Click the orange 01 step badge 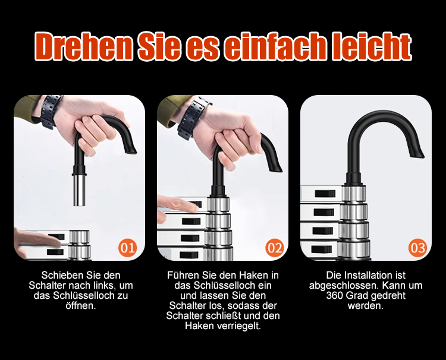pyautogui.click(x=127, y=248)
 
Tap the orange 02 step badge pyautogui.click(x=275, y=248)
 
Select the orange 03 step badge pyautogui.click(x=418, y=248)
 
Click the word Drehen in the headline pyautogui.click(x=84, y=47)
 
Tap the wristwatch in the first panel pyautogui.click(x=51, y=112)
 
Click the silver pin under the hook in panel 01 pyautogui.click(x=79, y=190)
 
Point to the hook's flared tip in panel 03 pyautogui.click(x=417, y=150)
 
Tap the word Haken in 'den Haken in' pyautogui.click(x=253, y=275)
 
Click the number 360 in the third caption pyautogui.click(x=335, y=295)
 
